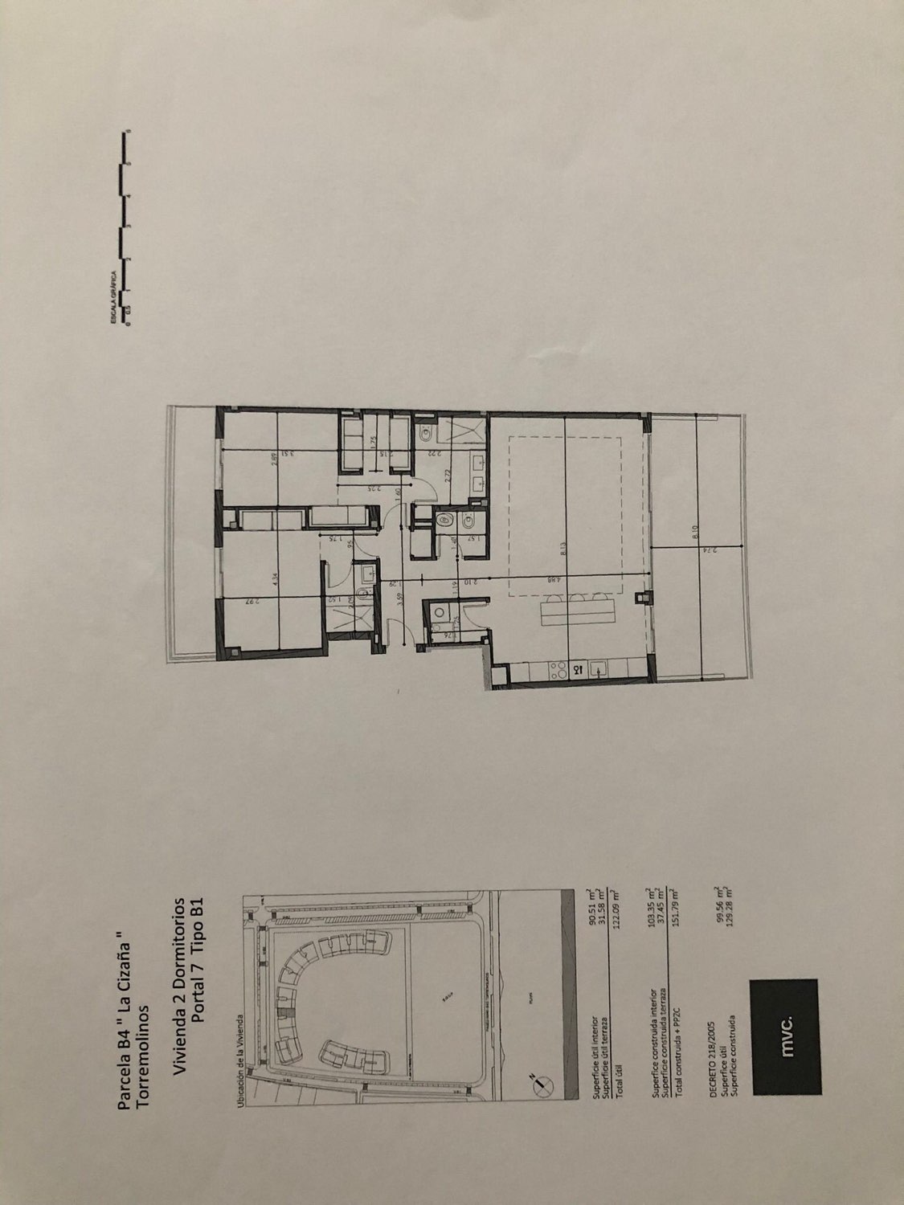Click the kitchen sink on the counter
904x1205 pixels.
(x=598, y=667)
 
